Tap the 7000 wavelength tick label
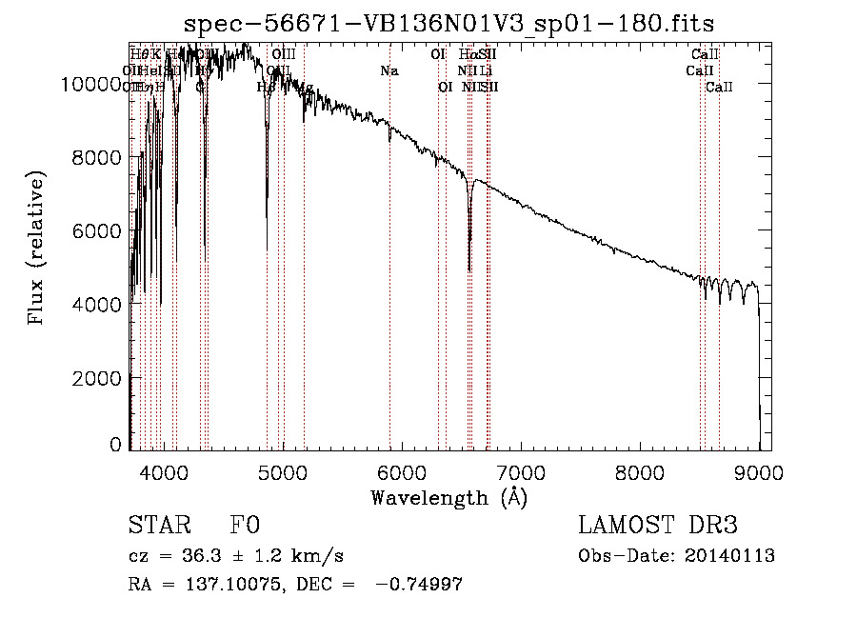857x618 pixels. click(x=521, y=470)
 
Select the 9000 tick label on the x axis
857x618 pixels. click(x=759, y=470)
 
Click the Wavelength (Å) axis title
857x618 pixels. click(x=448, y=497)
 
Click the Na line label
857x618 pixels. click(x=389, y=71)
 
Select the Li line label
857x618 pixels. click(x=486, y=71)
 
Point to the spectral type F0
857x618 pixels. click(x=245, y=526)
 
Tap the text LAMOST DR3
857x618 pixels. click(x=657, y=526)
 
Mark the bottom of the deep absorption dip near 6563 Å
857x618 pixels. click(x=469, y=270)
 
